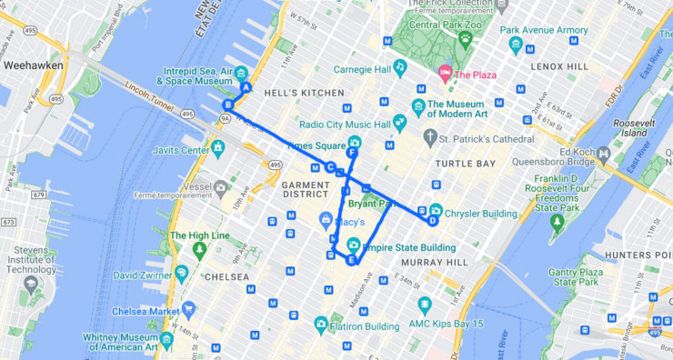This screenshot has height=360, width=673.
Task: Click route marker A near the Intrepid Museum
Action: pos(246,87)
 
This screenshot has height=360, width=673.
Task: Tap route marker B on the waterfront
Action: pos(228,105)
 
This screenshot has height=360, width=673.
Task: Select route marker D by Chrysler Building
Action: pos(433,219)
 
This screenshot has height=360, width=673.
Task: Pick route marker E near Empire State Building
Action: pos(351,260)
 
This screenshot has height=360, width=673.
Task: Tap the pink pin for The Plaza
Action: pos(445,72)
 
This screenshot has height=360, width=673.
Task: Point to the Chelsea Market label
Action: pos(146,311)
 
